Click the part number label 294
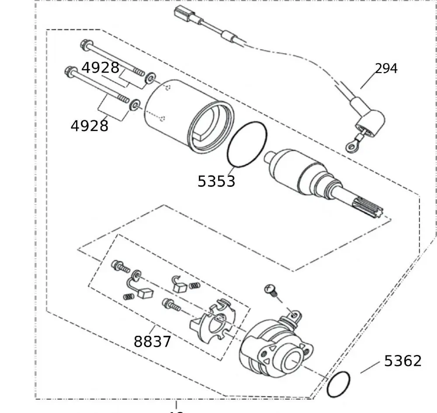(386, 69)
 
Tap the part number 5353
(216, 181)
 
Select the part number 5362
(403, 361)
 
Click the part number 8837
(152, 341)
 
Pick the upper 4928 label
(100, 68)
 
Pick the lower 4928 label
(89, 126)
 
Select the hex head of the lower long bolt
(69, 71)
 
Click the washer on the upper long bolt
(150, 78)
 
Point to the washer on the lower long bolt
(135, 104)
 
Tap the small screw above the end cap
(270, 289)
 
